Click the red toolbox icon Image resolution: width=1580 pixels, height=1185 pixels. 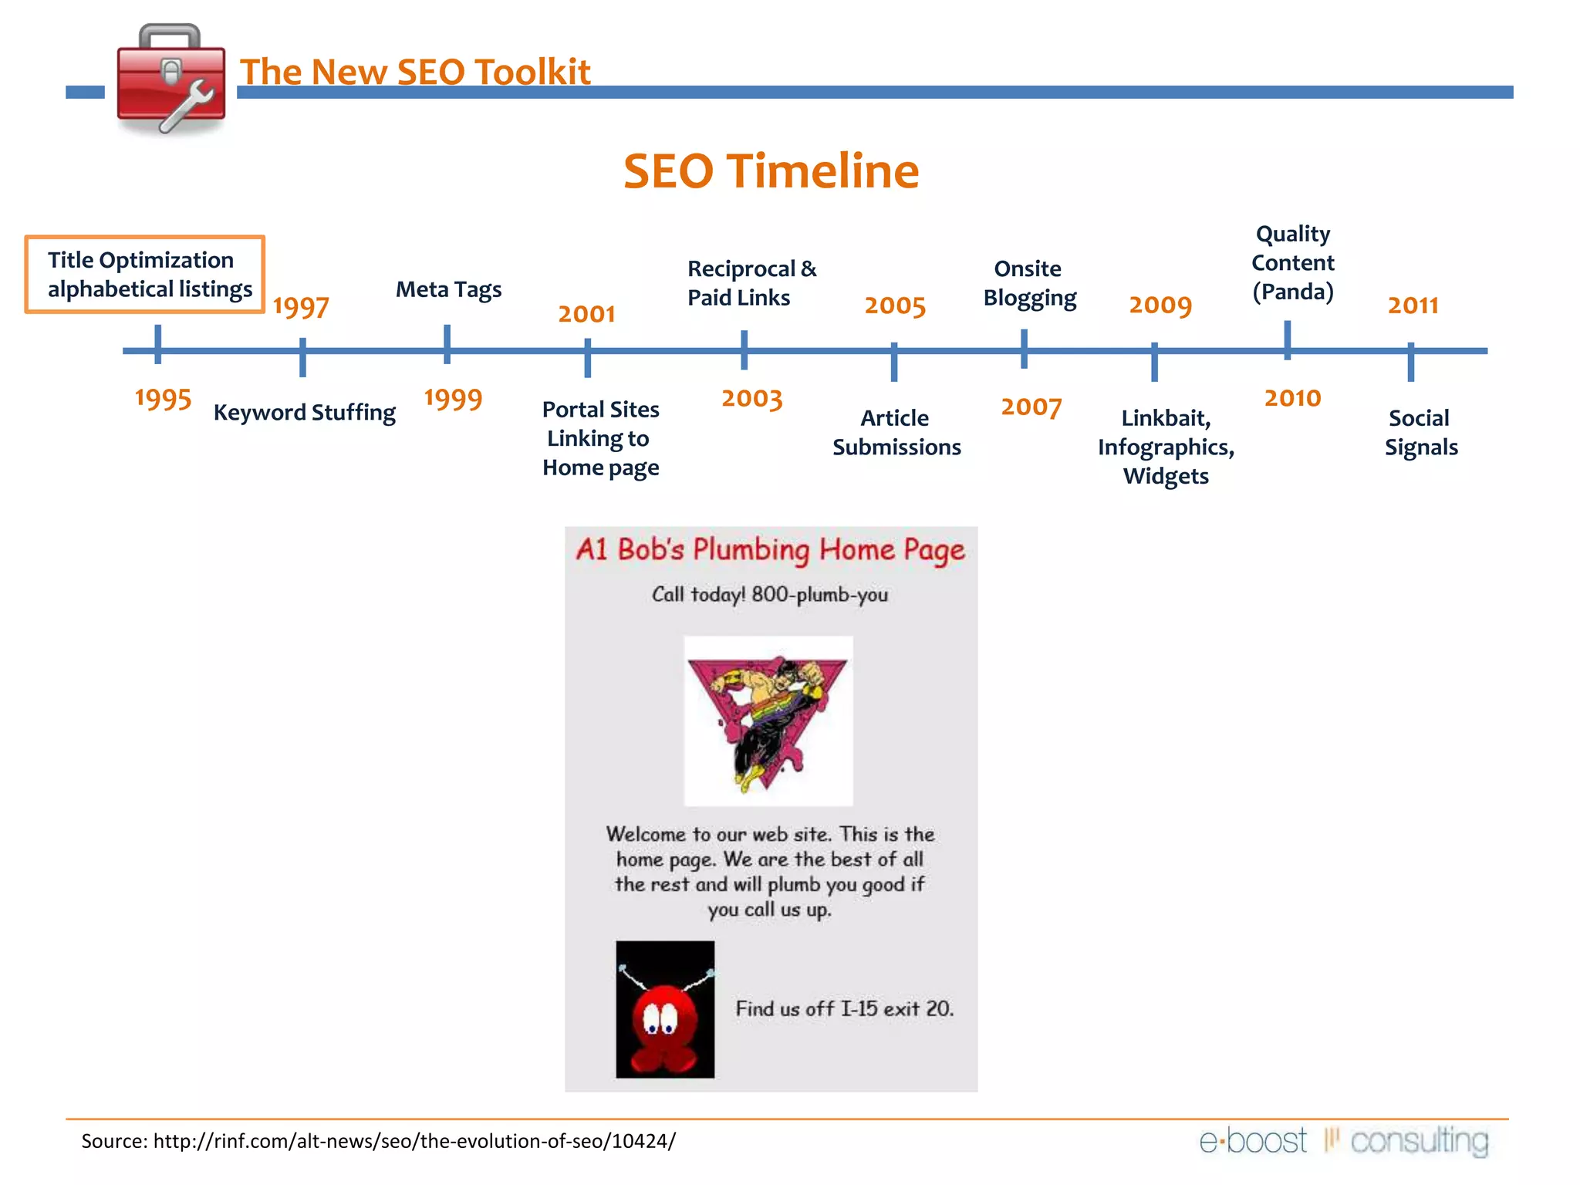click(170, 79)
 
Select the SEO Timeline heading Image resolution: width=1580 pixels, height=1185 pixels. click(771, 170)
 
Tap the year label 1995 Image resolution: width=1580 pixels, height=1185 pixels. click(163, 399)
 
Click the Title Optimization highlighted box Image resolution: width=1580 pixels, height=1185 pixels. click(145, 275)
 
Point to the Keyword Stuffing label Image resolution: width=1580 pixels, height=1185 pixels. click(305, 413)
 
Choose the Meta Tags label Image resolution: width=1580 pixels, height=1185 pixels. click(448, 289)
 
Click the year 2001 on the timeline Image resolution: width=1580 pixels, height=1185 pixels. click(586, 314)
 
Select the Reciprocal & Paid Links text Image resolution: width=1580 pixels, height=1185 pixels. click(751, 283)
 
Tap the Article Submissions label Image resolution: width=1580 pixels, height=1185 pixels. click(896, 433)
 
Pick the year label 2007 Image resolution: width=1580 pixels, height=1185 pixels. click(1031, 407)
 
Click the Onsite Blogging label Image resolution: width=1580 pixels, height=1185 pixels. click(1029, 283)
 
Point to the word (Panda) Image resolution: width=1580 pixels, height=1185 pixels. click(1293, 292)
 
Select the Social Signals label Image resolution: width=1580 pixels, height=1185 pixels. click(1420, 433)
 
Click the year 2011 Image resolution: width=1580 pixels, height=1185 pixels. click(1413, 306)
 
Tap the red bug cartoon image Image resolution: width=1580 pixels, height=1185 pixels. click(665, 1009)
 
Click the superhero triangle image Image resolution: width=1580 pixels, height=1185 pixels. click(768, 721)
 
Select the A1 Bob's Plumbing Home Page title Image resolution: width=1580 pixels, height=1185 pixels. click(770, 550)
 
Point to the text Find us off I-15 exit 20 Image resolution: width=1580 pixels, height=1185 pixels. click(844, 1009)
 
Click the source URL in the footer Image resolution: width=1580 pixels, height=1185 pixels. click(414, 1141)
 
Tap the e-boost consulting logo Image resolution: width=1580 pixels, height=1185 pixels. click(1343, 1141)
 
